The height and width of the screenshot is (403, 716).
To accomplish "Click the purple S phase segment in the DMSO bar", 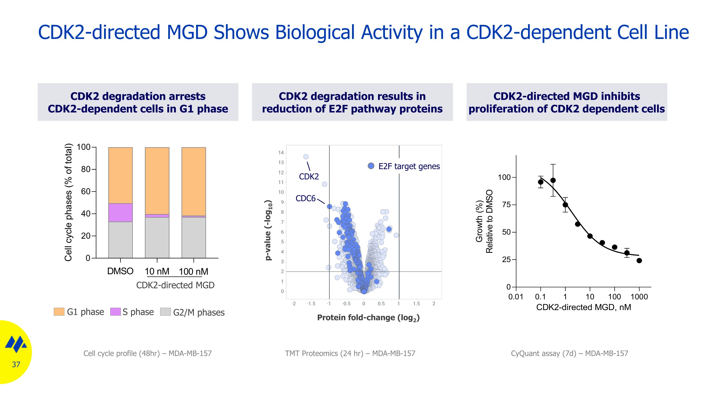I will coord(120,212).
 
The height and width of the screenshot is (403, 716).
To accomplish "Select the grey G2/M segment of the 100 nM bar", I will coord(194,237).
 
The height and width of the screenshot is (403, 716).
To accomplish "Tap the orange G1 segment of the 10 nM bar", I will coord(157,181).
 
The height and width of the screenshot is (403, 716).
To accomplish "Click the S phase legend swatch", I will coord(115,312).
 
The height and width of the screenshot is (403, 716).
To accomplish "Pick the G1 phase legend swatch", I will coord(59,312).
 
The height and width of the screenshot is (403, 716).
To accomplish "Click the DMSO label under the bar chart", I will coord(120,271).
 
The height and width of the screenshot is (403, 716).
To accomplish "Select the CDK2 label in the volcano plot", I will coord(309,177).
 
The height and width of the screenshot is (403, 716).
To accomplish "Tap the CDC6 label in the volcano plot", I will coord(305,198).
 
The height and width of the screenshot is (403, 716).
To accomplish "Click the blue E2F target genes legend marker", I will coord(371,166).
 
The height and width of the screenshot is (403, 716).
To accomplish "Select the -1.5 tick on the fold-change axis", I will coord(311,304).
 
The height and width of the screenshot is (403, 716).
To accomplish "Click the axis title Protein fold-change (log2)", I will coord(368,318).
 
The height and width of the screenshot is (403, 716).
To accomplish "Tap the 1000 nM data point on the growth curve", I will coord(639,261).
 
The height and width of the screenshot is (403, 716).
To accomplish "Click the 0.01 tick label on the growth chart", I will coord(516,297).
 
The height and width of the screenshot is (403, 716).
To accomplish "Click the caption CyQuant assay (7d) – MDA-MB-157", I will coord(569,354).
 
